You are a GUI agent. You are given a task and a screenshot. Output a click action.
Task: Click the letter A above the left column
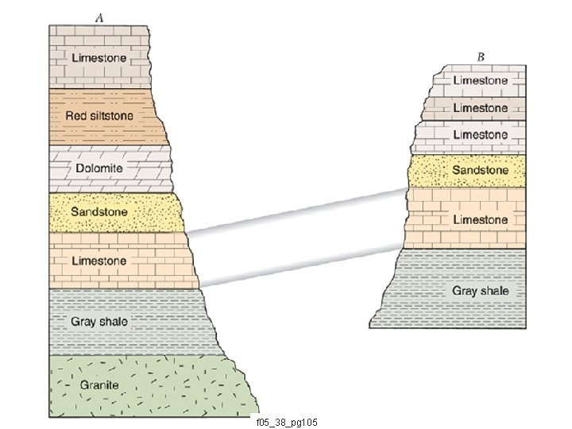tap(99, 17)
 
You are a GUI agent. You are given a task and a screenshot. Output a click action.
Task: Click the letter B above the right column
tap(481, 58)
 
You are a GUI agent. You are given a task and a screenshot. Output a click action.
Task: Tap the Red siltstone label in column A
tap(99, 116)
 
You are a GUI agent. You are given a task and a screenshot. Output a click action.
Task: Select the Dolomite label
tap(99, 168)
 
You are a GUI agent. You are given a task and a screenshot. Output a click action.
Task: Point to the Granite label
tap(99, 385)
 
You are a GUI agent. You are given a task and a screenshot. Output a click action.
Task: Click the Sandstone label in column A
tap(99, 212)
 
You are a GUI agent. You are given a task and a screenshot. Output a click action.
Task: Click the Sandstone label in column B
tap(480, 170)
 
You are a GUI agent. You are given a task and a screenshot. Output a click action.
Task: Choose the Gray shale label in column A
tap(99, 321)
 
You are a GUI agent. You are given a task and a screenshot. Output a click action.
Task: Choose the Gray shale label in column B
tap(480, 291)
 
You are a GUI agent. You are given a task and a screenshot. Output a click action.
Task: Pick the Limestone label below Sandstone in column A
tap(99, 261)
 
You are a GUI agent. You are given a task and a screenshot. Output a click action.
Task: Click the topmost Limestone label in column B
tap(480, 80)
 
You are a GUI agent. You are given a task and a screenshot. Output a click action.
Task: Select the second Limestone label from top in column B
tap(480, 107)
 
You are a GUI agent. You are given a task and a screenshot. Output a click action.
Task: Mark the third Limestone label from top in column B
tap(480, 135)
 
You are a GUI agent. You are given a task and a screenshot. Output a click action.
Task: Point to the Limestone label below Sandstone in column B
tap(480, 219)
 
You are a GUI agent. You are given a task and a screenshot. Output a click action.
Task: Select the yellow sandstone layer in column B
tap(429, 170)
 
